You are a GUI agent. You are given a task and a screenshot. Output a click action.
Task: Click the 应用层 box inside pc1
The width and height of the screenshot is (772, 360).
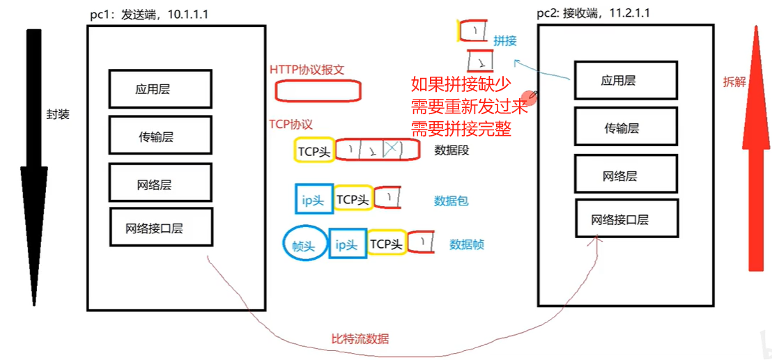click(160, 88)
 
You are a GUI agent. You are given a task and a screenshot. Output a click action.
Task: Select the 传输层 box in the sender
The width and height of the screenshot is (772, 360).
click(160, 136)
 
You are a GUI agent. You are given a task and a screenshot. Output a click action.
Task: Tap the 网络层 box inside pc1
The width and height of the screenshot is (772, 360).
click(160, 185)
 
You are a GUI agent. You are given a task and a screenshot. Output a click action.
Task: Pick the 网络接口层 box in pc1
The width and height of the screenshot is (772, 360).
click(161, 227)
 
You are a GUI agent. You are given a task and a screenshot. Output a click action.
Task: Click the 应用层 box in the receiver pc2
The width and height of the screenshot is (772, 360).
click(625, 79)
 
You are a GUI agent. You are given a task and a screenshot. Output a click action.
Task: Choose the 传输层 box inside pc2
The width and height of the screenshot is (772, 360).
click(625, 127)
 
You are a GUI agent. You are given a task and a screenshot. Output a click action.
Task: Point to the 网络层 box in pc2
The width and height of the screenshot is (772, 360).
click(625, 175)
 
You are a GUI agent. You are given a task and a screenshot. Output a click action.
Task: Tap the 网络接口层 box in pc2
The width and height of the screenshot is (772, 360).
click(626, 220)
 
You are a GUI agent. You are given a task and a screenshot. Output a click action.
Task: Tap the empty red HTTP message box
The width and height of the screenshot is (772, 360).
click(318, 91)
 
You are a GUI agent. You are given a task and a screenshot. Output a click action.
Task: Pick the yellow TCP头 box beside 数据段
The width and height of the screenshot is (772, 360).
click(314, 150)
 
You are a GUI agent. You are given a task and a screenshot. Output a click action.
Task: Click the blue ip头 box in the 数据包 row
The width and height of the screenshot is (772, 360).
click(313, 200)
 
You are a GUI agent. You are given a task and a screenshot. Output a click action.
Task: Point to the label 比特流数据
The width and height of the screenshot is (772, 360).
click(360, 339)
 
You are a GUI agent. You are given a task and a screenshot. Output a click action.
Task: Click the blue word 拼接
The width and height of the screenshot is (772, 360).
click(505, 41)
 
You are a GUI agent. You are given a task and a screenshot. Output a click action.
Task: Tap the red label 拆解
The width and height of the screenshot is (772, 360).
click(734, 81)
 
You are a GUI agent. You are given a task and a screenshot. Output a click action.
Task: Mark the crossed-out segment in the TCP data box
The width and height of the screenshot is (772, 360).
click(392, 149)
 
